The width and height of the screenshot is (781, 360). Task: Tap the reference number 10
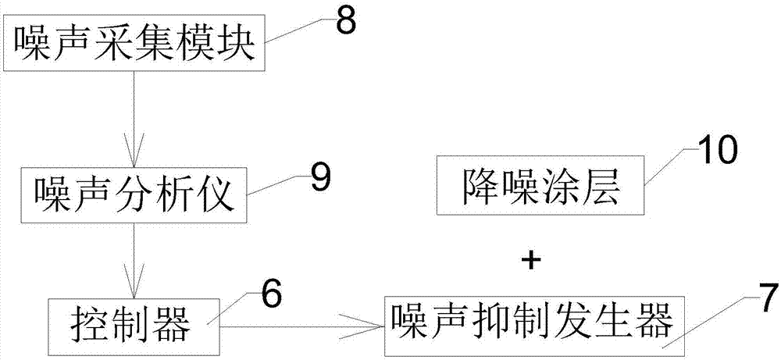pyautogui.click(x=716, y=150)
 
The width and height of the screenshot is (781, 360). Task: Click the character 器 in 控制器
pyautogui.click(x=175, y=323)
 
